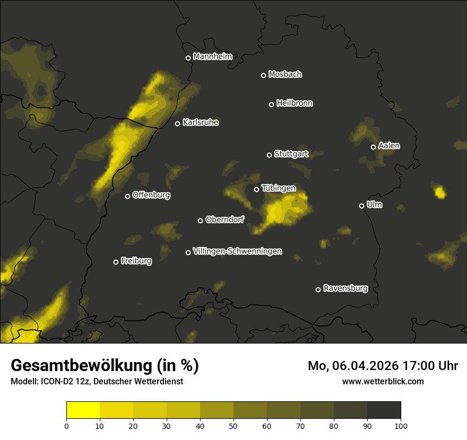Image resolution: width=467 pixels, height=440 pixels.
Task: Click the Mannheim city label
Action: (212, 57)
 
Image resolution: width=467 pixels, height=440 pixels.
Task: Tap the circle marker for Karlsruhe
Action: (178, 124)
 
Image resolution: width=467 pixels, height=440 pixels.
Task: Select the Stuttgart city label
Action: (291, 154)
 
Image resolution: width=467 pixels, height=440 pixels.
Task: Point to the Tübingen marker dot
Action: (257, 189)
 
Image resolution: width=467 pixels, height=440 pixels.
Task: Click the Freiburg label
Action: (136, 261)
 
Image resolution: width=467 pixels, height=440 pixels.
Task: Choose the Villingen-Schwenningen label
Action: (237, 251)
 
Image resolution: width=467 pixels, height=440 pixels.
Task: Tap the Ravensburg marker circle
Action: (318, 289)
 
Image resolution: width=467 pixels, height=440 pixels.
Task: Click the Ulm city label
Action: (374, 205)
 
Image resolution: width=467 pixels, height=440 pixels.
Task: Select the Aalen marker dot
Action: (374, 147)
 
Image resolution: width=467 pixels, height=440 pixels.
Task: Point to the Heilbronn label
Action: (295, 103)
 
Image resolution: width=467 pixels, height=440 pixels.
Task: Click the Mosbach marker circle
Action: (263, 75)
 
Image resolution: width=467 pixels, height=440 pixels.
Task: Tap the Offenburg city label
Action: (151, 195)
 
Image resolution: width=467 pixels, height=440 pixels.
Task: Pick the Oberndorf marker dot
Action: (201, 221)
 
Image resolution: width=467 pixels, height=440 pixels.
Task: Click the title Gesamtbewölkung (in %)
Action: (105, 366)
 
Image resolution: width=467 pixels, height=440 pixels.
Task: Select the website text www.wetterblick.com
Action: (383, 381)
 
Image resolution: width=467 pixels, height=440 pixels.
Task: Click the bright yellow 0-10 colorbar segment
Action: (83, 410)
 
